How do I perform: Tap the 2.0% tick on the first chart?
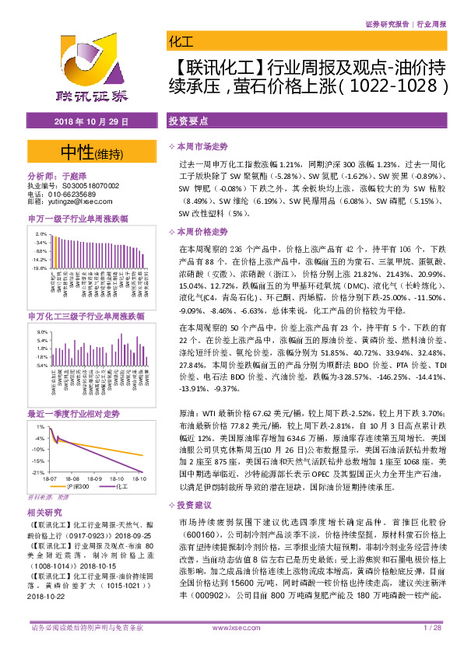coord(41,233)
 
